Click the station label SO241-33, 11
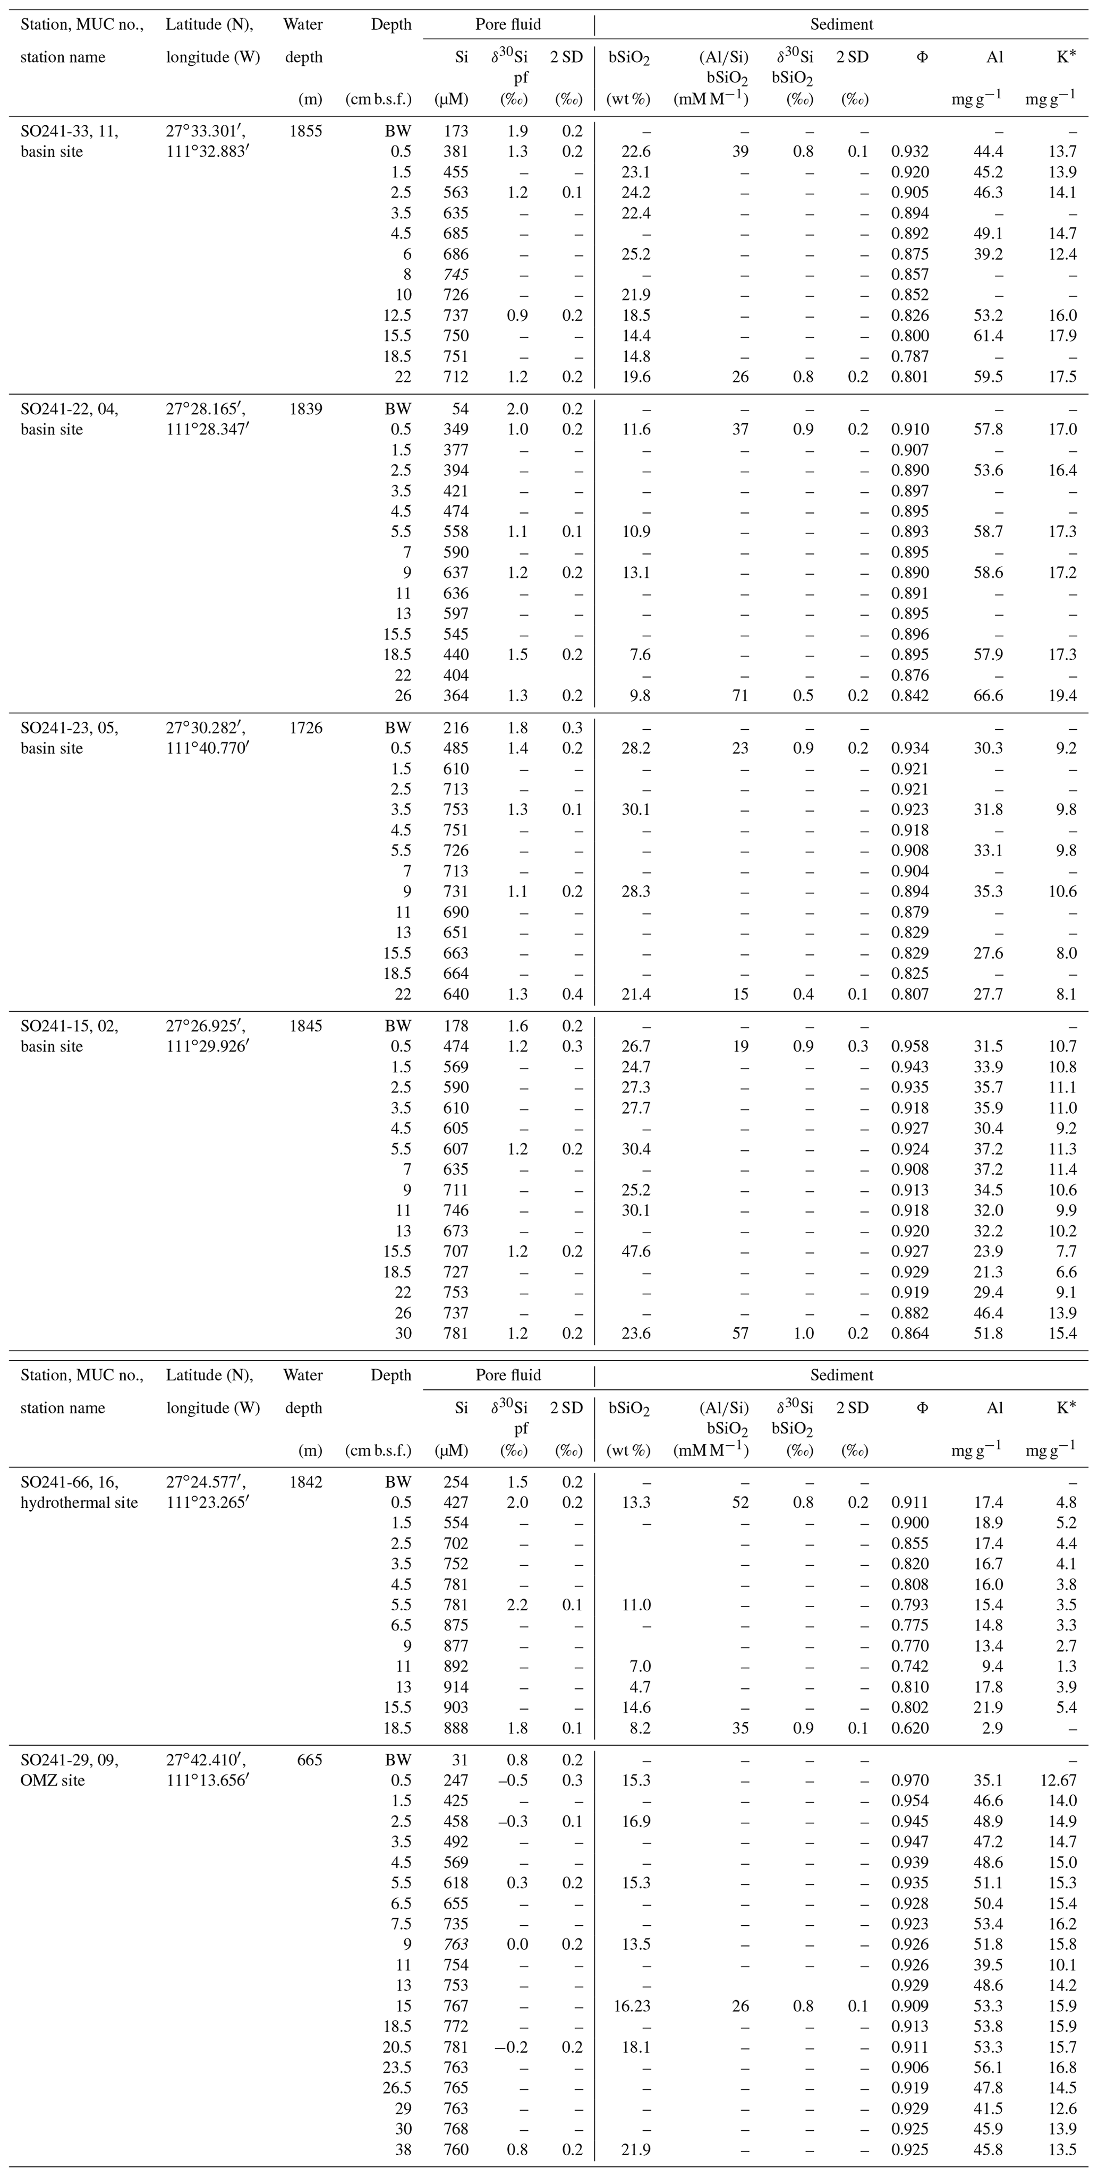[x=69, y=131]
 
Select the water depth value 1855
[x=305, y=131]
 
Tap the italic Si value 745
[x=455, y=275]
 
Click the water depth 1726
[x=305, y=728]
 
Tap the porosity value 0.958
[x=909, y=1046]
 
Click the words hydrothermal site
[x=80, y=1502]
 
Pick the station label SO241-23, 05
[x=69, y=728]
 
